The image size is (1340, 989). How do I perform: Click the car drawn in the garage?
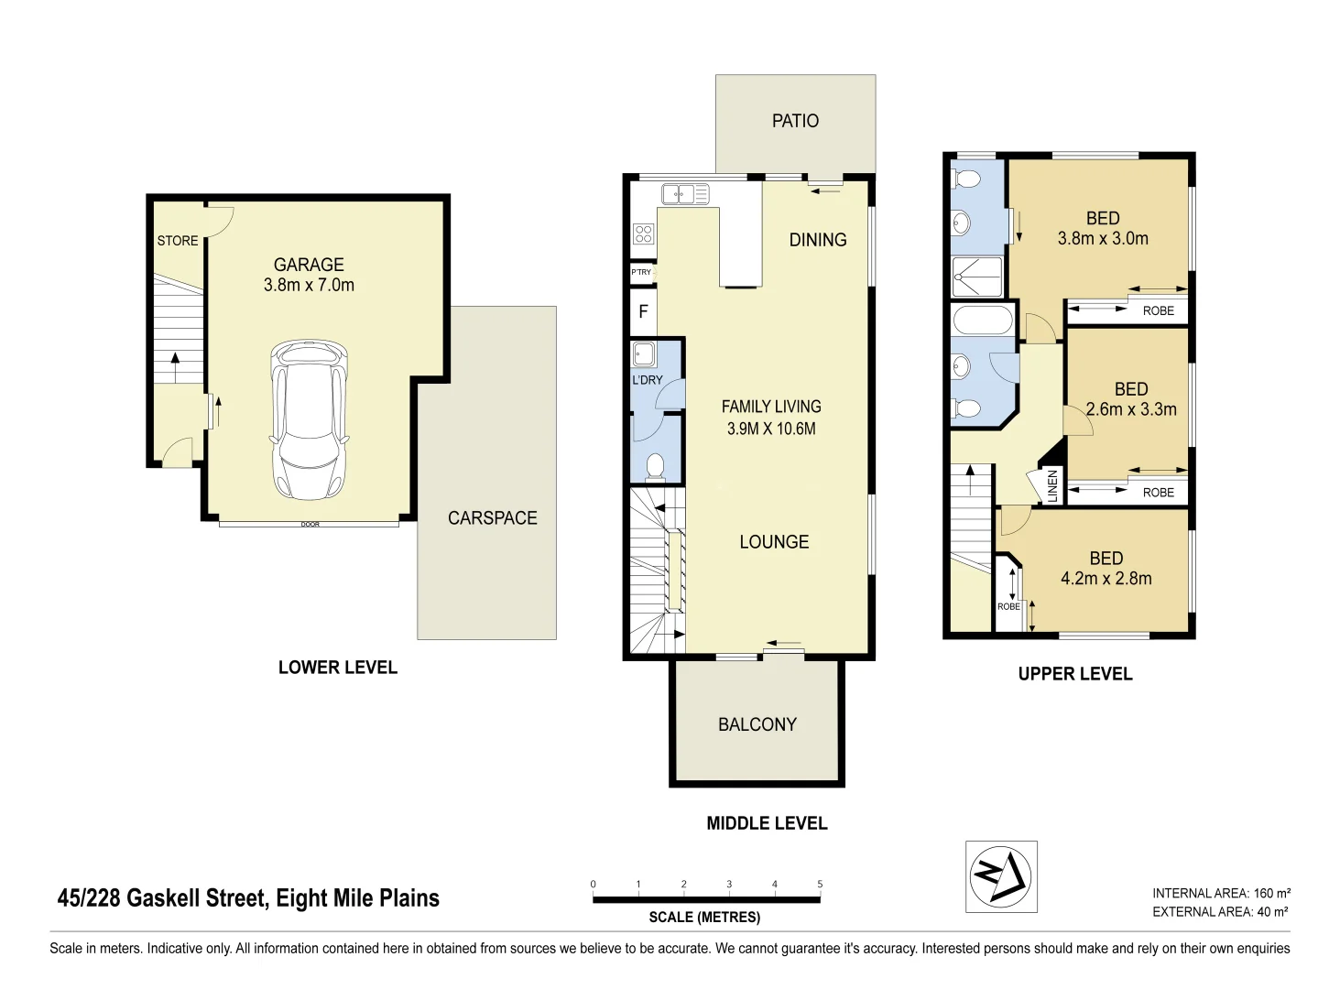[x=310, y=419]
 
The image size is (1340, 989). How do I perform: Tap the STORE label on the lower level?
[x=178, y=241]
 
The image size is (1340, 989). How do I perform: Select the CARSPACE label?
[x=492, y=518]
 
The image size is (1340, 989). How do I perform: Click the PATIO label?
[x=795, y=121]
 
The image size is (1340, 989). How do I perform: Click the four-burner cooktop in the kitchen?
[x=644, y=234]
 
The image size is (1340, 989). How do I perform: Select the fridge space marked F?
[x=643, y=311]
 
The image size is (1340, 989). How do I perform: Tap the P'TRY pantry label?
[x=641, y=272]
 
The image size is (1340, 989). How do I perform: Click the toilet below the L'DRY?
[x=655, y=467]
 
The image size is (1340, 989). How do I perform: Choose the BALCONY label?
[x=757, y=724]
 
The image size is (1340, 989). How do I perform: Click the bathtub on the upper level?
[x=983, y=321]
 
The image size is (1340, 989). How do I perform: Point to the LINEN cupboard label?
[x=1052, y=485]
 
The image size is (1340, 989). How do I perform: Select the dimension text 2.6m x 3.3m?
[x=1131, y=409]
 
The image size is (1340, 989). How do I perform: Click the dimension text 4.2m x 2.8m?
[x=1106, y=578]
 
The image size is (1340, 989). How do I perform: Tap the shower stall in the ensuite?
[x=977, y=277]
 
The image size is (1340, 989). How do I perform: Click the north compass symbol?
[x=1001, y=876]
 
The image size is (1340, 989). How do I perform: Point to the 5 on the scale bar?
[x=820, y=885]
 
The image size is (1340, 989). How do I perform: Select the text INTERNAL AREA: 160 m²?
[x=1221, y=893]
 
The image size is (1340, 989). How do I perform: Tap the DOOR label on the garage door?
[x=310, y=525]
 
